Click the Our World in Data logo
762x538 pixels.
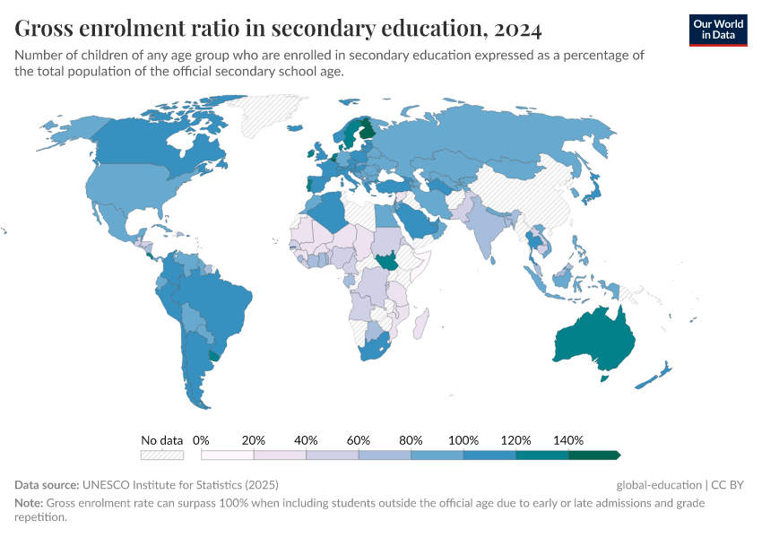717,30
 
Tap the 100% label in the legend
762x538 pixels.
463,440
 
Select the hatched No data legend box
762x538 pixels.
162,456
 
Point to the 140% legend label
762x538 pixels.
568,440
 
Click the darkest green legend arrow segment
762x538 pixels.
594,456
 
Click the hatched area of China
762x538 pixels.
529,193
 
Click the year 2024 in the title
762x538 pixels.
516,30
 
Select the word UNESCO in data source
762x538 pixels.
107,484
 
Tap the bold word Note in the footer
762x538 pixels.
29,503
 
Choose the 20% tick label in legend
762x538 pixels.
254,440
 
